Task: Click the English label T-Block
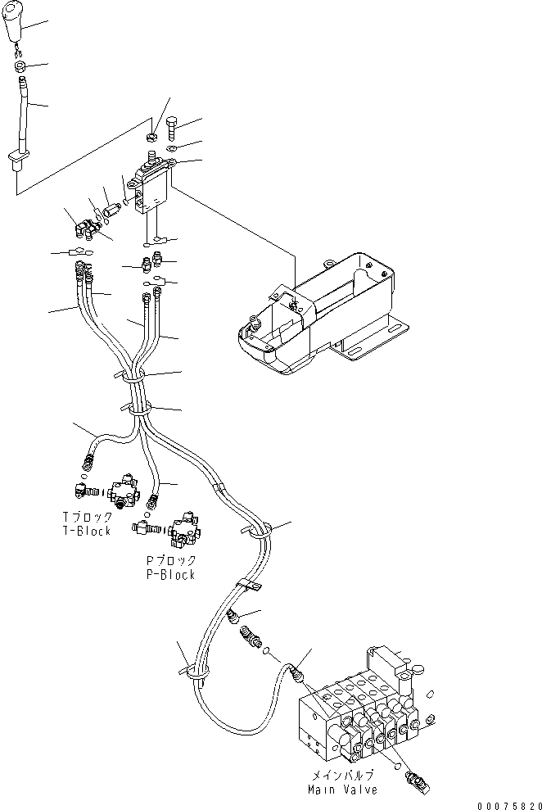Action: click(x=86, y=532)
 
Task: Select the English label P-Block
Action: click(x=170, y=575)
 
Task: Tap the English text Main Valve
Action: click(x=342, y=790)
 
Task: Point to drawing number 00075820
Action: click(x=505, y=803)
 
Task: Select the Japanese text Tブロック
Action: click(x=86, y=518)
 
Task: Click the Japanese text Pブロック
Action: click(x=170, y=561)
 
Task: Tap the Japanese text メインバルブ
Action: click(x=342, y=776)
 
